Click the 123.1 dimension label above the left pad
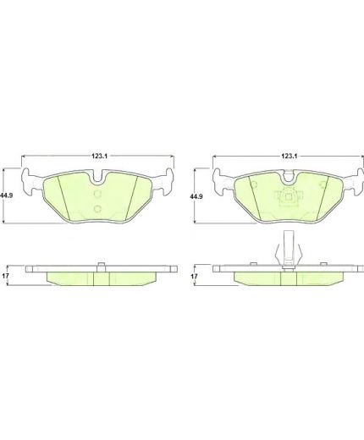click(x=97, y=156)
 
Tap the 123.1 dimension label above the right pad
click(x=288, y=156)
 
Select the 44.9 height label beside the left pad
click(x=6, y=195)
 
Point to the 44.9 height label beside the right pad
click(x=196, y=196)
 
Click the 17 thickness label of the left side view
click(x=5, y=276)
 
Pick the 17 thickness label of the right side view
click(x=194, y=277)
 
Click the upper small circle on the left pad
click(x=97, y=195)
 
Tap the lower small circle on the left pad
click(x=97, y=209)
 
